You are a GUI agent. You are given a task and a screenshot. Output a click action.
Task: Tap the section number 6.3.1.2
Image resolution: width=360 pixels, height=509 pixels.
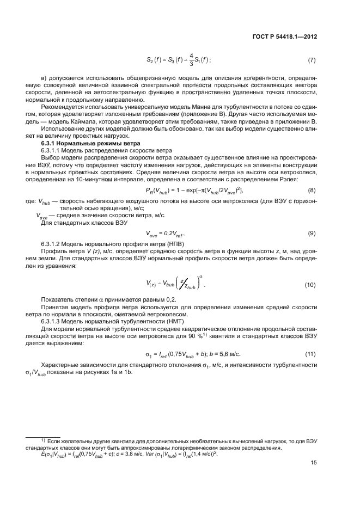tap(53, 242)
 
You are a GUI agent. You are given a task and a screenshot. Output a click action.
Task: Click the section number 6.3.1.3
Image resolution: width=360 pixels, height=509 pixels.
tap(53, 321)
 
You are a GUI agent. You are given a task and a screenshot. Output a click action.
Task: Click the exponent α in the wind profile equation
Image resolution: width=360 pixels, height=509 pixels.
tap(201, 275)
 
